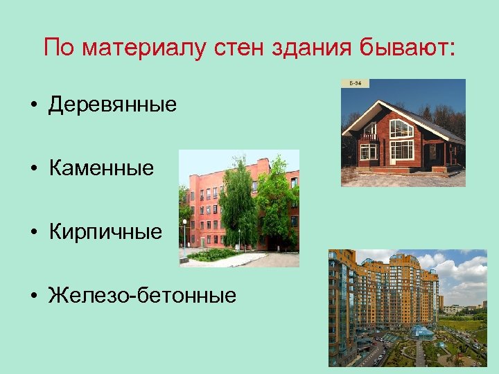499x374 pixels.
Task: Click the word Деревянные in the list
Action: [x=113, y=105]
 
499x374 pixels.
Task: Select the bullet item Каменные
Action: [x=101, y=168]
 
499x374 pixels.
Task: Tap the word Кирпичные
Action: [x=105, y=231]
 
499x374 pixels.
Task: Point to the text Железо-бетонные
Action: [x=142, y=296]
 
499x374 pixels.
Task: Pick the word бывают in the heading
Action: [x=405, y=48]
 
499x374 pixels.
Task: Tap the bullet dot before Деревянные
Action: [x=33, y=106]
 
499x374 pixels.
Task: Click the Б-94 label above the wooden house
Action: [x=355, y=83]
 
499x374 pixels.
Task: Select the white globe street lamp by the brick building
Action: [x=184, y=223]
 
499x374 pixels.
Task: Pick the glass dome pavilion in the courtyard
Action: [x=423, y=331]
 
